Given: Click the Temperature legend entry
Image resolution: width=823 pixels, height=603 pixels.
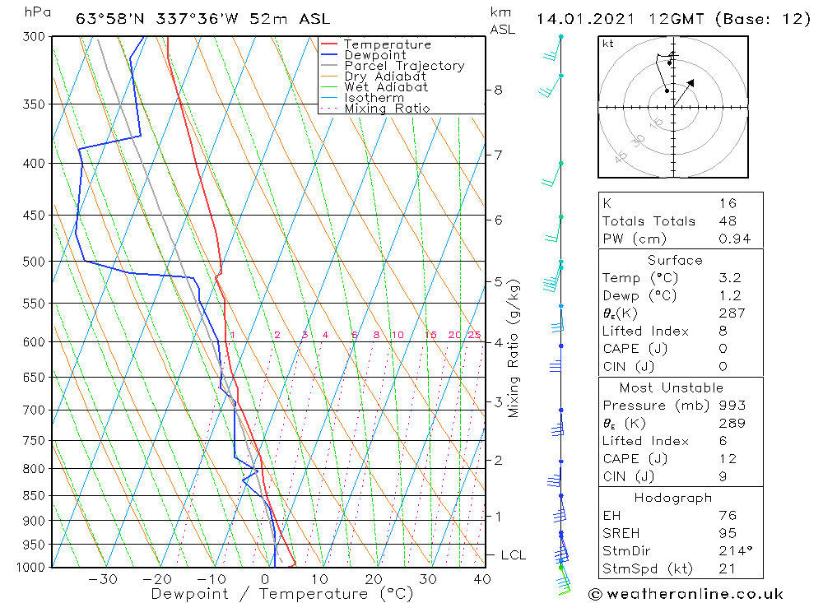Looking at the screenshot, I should pos(387,44).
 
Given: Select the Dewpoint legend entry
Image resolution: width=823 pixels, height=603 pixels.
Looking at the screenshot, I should pos(374,55).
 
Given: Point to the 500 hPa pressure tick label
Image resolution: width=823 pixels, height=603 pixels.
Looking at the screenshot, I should pos(32,262).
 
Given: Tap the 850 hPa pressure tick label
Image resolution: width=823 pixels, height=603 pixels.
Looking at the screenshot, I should pos(32,496).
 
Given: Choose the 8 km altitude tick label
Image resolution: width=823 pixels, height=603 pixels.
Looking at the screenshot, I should pos(498,90).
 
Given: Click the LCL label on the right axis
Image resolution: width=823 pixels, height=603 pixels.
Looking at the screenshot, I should pos(513,555).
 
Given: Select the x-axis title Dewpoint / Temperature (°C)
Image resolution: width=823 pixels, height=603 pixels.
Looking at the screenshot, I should pos(281,594).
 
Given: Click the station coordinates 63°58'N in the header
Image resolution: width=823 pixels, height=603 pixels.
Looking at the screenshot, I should pos(103,19).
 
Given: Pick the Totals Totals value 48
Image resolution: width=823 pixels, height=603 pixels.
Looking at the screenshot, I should pos(728,221).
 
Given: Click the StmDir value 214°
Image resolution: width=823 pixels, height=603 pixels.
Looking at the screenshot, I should pos(732,550).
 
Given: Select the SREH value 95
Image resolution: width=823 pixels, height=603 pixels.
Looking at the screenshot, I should pos(728,533).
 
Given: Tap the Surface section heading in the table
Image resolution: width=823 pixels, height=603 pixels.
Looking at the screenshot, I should pos(675,261).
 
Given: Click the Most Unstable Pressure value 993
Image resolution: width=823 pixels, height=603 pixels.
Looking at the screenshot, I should pos(732,406).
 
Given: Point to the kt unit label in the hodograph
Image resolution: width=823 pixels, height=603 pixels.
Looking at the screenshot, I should pos(608,44).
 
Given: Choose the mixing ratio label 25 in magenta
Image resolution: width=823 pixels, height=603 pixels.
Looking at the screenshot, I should pos(475,335).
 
